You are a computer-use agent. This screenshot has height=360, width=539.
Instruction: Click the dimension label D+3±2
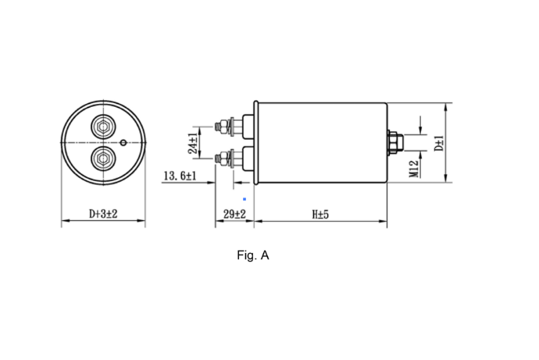click(103, 214)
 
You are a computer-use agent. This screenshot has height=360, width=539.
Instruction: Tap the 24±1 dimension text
click(193, 143)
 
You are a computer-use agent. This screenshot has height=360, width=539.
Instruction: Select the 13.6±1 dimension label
click(180, 176)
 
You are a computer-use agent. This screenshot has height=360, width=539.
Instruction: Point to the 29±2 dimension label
click(235, 214)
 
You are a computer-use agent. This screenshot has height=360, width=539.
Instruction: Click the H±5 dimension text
click(320, 214)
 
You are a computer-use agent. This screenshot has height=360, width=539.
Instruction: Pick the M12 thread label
click(414, 169)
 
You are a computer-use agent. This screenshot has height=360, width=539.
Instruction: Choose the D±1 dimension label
click(439, 143)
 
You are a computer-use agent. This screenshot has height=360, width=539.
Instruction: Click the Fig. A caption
click(253, 255)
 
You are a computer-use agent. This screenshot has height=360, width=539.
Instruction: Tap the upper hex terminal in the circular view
click(103, 127)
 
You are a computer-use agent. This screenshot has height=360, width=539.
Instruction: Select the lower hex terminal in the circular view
click(103, 159)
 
